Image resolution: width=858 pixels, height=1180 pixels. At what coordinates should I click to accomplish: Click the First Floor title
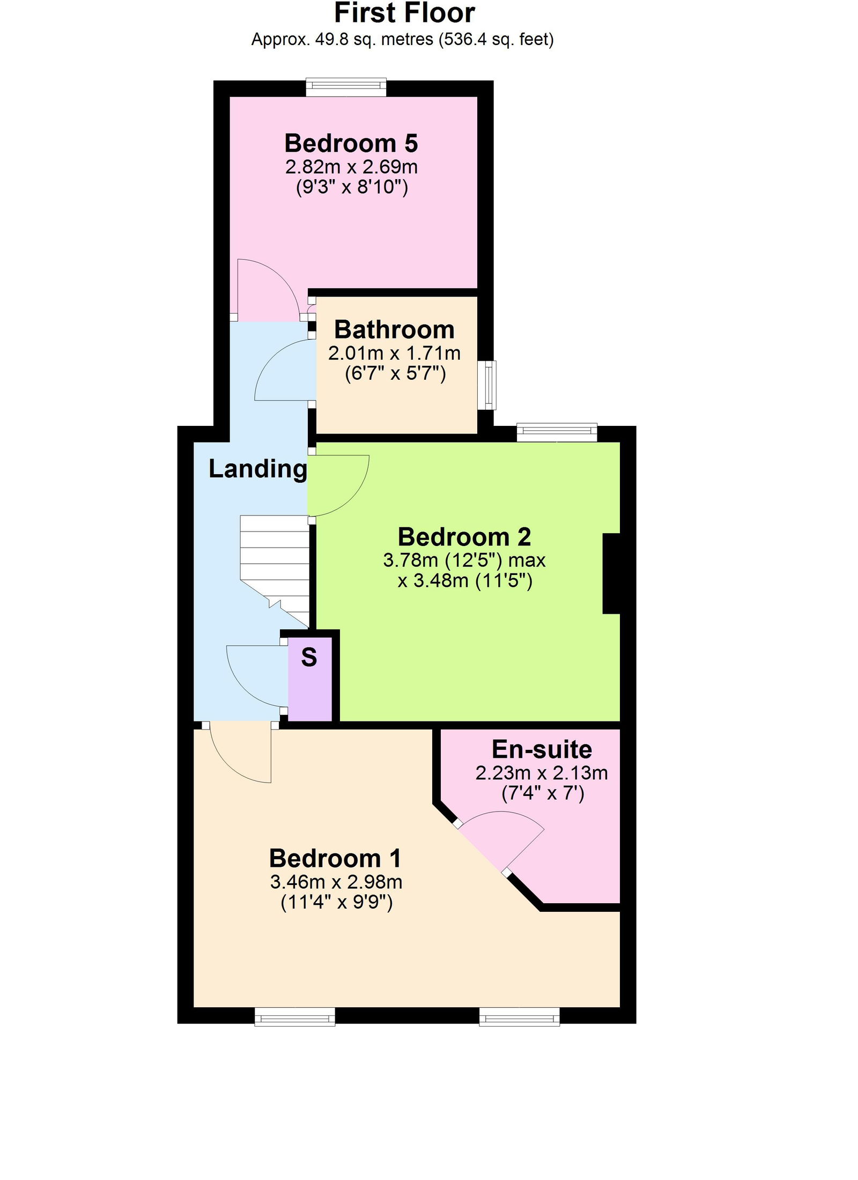click(x=404, y=13)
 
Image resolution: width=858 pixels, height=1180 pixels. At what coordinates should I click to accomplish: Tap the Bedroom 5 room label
click(x=351, y=143)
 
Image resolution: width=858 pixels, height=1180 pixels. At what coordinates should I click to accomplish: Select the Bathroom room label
click(x=394, y=329)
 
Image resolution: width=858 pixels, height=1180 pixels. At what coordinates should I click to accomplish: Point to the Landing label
click(x=258, y=469)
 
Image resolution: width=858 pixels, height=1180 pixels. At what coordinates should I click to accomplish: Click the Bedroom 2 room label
click(x=464, y=537)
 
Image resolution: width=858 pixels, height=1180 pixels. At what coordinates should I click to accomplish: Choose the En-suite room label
click(x=542, y=749)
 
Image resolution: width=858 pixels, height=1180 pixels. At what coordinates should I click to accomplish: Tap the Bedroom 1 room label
click(x=335, y=858)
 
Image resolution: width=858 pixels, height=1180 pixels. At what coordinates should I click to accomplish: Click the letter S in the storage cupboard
click(x=309, y=657)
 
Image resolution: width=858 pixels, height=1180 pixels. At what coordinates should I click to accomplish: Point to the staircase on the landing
click(x=275, y=570)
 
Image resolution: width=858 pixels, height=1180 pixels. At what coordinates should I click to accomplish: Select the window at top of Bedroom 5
click(x=346, y=87)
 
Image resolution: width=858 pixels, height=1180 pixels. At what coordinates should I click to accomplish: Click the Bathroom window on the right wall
click(x=487, y=385)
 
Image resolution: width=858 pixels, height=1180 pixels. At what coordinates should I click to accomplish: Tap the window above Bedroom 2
click(x=557, y=432)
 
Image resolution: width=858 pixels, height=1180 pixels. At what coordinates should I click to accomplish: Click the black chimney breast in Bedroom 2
click(x=611, y=573)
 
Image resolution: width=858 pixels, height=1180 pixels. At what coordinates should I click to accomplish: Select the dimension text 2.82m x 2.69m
click(x=351, y=167)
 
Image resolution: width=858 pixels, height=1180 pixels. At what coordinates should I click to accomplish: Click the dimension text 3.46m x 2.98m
click(x=336, y=882)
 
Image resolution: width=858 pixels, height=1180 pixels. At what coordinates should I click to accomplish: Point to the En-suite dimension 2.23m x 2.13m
click(x=542, y=773)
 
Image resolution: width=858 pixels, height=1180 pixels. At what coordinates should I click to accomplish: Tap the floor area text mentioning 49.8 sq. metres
click(x=402, y=39)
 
